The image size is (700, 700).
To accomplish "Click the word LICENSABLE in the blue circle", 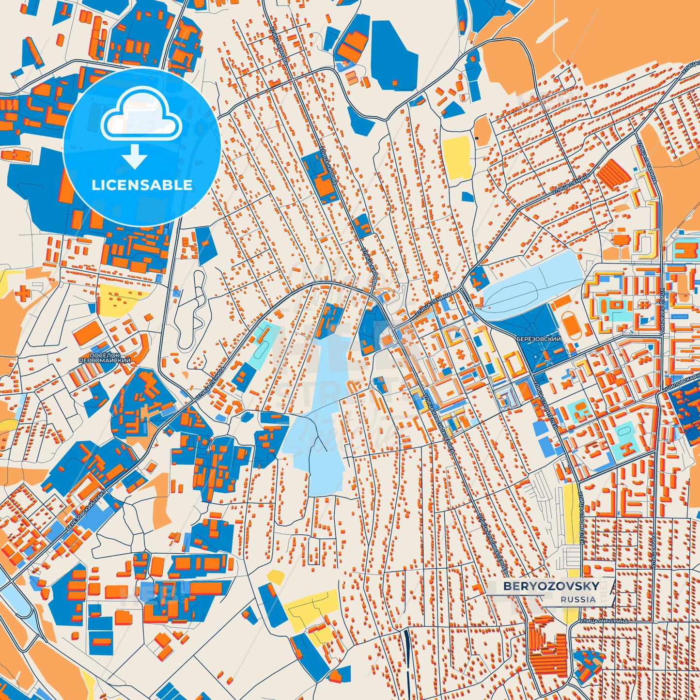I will pos(142,185).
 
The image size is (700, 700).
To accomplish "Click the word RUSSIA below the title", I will pos(578,599).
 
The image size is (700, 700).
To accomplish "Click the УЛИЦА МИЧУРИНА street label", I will pos(603,621).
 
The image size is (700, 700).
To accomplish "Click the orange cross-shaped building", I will pos(22,293).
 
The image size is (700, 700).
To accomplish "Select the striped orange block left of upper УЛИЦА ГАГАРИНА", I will pos(613,173).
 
